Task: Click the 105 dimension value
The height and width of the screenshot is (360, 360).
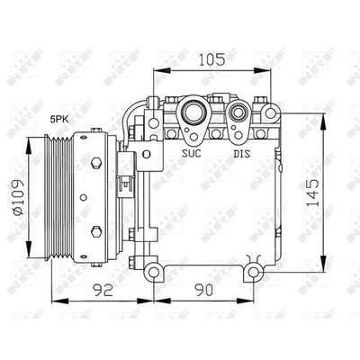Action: (211, 59)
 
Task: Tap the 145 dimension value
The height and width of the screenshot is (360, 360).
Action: (313, 193)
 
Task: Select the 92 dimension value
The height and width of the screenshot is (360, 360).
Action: (103, 290)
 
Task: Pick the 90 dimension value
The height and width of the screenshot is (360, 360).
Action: (203, 290)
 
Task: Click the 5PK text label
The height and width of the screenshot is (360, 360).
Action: (59, 120)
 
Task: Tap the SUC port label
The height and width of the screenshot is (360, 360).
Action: (192, 154)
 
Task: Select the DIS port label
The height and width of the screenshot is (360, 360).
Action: (242, 154)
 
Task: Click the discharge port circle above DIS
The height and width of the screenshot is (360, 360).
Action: (238, 112)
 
